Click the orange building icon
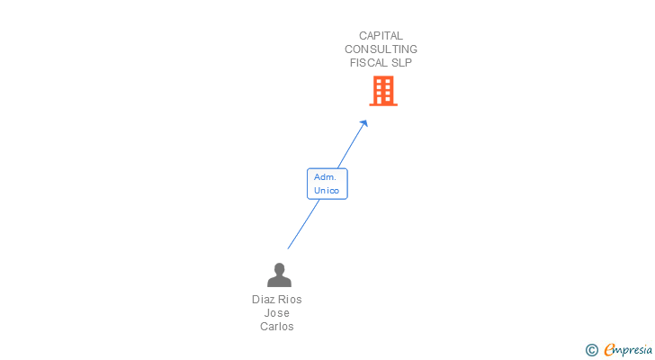point(382,91)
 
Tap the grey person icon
point(279,275)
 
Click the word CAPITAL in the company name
point(381,36)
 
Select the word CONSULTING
point(381,49)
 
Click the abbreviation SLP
point(402,63)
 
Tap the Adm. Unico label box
point(327,184)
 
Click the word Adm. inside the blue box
point(325,177)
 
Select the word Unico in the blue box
point(326,191)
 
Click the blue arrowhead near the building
point(363,124)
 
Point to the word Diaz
point(264,300)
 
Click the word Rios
point(290,300)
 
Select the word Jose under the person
point(277,313)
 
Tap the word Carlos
point(277,327)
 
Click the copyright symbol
point(591,350)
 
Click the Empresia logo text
point(627,350)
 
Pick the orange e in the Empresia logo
point(609,350)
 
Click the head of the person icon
point(279,268)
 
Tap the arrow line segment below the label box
point(303,224)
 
